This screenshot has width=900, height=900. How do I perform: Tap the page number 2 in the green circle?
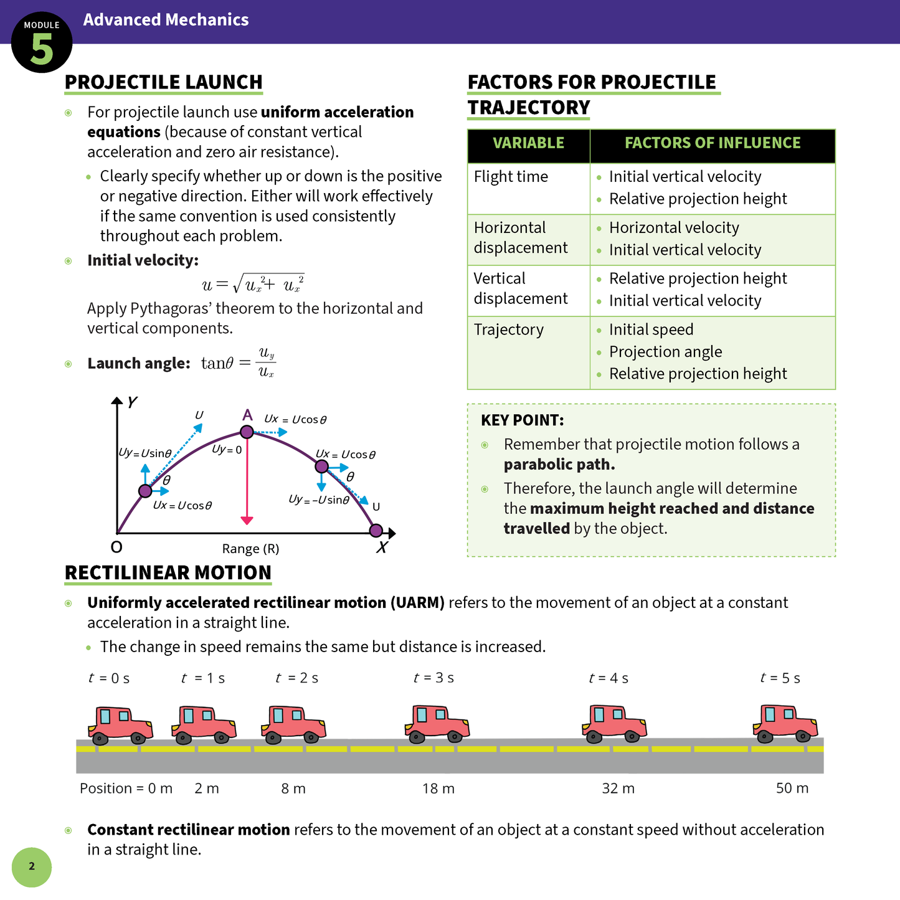coord(32,866)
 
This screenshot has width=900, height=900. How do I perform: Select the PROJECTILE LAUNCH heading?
coord(164,82)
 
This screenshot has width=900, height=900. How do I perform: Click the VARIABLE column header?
coord(528,143)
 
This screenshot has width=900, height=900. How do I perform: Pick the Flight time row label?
coord(511,177)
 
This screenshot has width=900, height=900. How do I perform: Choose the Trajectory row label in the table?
coord(508,329)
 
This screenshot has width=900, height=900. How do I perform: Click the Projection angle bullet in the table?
coord(665,352)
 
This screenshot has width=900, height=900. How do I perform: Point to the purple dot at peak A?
coord(247,432)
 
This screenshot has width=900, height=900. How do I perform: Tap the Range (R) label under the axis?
coord(250,549)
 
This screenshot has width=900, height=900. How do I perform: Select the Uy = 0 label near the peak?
coord(227,450)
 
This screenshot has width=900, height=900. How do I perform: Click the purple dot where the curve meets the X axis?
coord(376,531)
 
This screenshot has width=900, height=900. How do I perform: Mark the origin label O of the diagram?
coord(116,547)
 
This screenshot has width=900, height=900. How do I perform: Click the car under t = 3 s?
coord(437,724)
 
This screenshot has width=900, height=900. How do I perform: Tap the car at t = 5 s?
coord(785,724)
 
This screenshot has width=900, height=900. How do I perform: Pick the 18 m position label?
coord(438,789)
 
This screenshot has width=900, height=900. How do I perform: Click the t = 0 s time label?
coord(109,678)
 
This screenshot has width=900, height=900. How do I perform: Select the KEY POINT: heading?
coord(522,420)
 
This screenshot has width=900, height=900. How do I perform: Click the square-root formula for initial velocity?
coord(253,285)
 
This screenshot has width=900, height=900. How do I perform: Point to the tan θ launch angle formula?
coord(239,363)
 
